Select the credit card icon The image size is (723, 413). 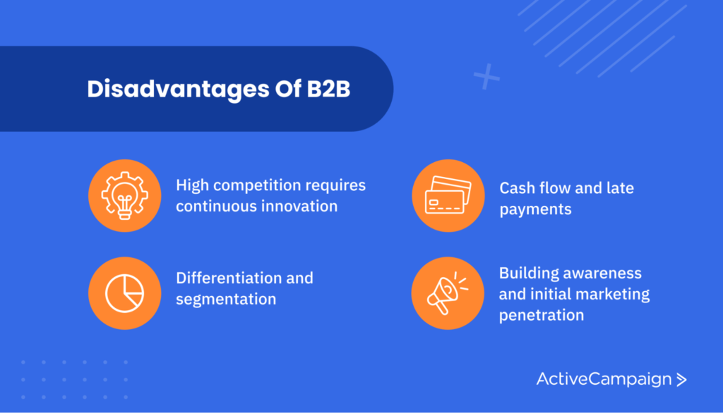[448, 195]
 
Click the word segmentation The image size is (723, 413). [225, 299]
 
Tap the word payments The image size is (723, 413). [535, 209]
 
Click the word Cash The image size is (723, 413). [517, 188]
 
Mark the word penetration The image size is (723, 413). [541, 315]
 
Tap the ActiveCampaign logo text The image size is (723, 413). [604, 379]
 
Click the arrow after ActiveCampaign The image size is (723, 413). [681, 380]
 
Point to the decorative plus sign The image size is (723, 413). [486, 76]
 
